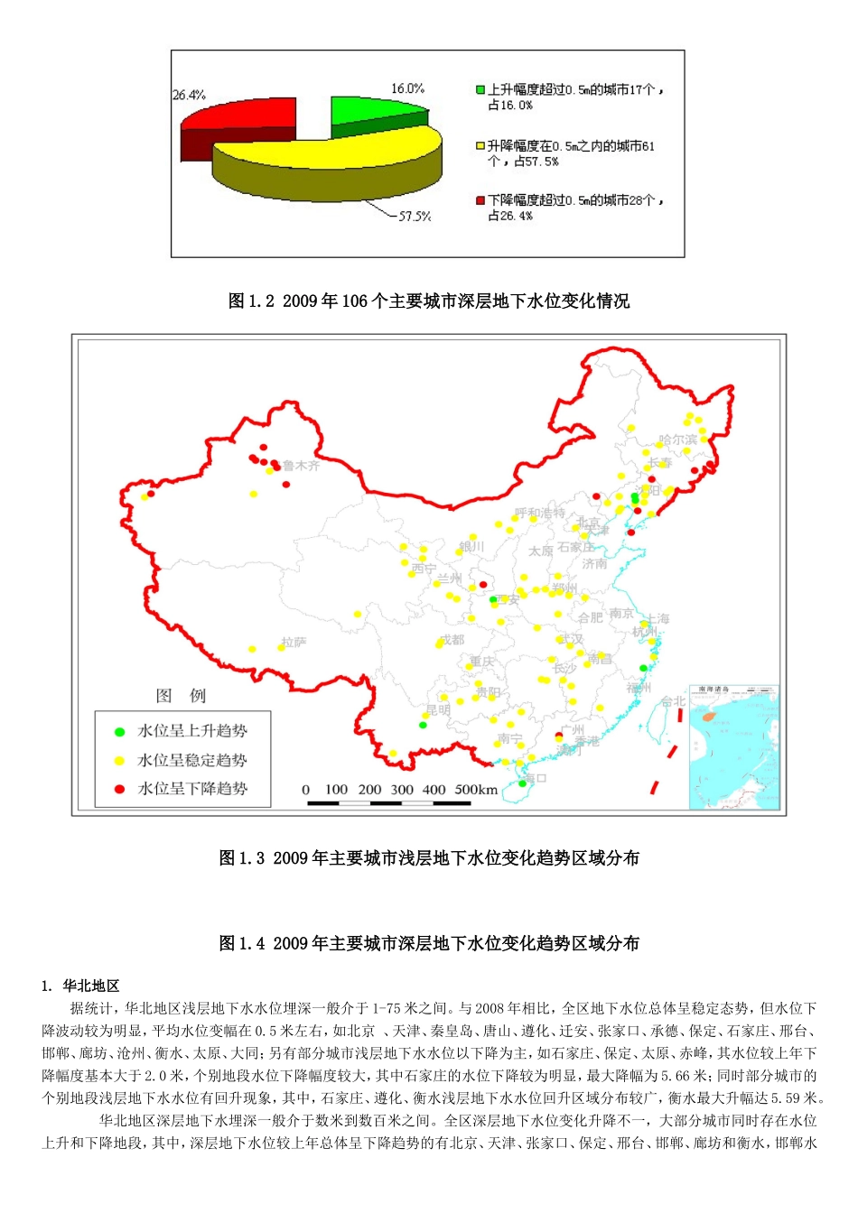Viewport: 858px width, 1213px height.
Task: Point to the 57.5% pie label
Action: click(x=415, y=217)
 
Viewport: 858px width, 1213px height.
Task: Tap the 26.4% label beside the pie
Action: click(x=189, y=95)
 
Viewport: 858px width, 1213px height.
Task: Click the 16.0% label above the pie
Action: click(x=407, y=88)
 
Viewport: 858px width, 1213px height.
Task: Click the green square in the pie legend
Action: click(x=480, y=90)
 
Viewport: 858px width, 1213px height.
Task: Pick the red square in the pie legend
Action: click(x=480, y=200)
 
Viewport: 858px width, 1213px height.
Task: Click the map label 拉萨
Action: click(x=294, y=643)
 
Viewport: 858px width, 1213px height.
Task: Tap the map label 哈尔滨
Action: click(x=677, y=440)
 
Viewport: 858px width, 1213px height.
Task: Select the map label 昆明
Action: click(x=437, y=710)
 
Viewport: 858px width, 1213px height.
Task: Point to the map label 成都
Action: click(x=452, y=640)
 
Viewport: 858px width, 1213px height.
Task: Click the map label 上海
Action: click(x=657, y=619)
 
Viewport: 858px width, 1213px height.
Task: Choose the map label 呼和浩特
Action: click(x=539, y=513)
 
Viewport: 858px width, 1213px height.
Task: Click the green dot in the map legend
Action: click(x=119, y=732)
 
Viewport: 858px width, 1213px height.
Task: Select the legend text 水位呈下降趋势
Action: click(x=191, y=788)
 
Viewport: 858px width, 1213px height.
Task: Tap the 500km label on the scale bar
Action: click(x=476, y=790)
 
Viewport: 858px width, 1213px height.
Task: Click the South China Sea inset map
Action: click(x=733, y=746)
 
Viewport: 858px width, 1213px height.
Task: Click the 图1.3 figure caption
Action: click(x=429, y=858)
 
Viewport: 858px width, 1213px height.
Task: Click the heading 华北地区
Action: click(x=90, y=986)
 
